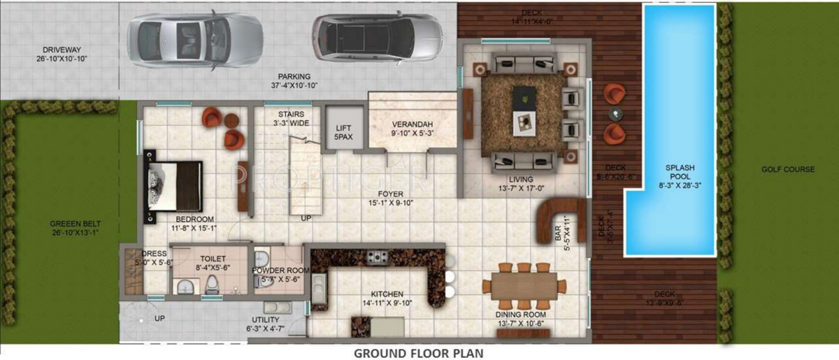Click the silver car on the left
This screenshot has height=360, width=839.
(194, 41)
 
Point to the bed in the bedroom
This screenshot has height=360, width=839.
(174, 185)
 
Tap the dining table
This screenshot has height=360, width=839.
(524, 286)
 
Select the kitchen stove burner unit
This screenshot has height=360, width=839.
(378, 257)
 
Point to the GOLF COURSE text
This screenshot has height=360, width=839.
(789, 170)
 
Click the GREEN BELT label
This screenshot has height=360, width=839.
(67, 224)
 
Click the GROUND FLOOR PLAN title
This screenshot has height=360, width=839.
(418, 352)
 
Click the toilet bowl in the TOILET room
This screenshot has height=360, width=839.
(211, 284)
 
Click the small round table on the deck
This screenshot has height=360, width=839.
(615, 113)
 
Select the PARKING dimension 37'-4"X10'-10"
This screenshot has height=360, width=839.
(294, 86)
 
